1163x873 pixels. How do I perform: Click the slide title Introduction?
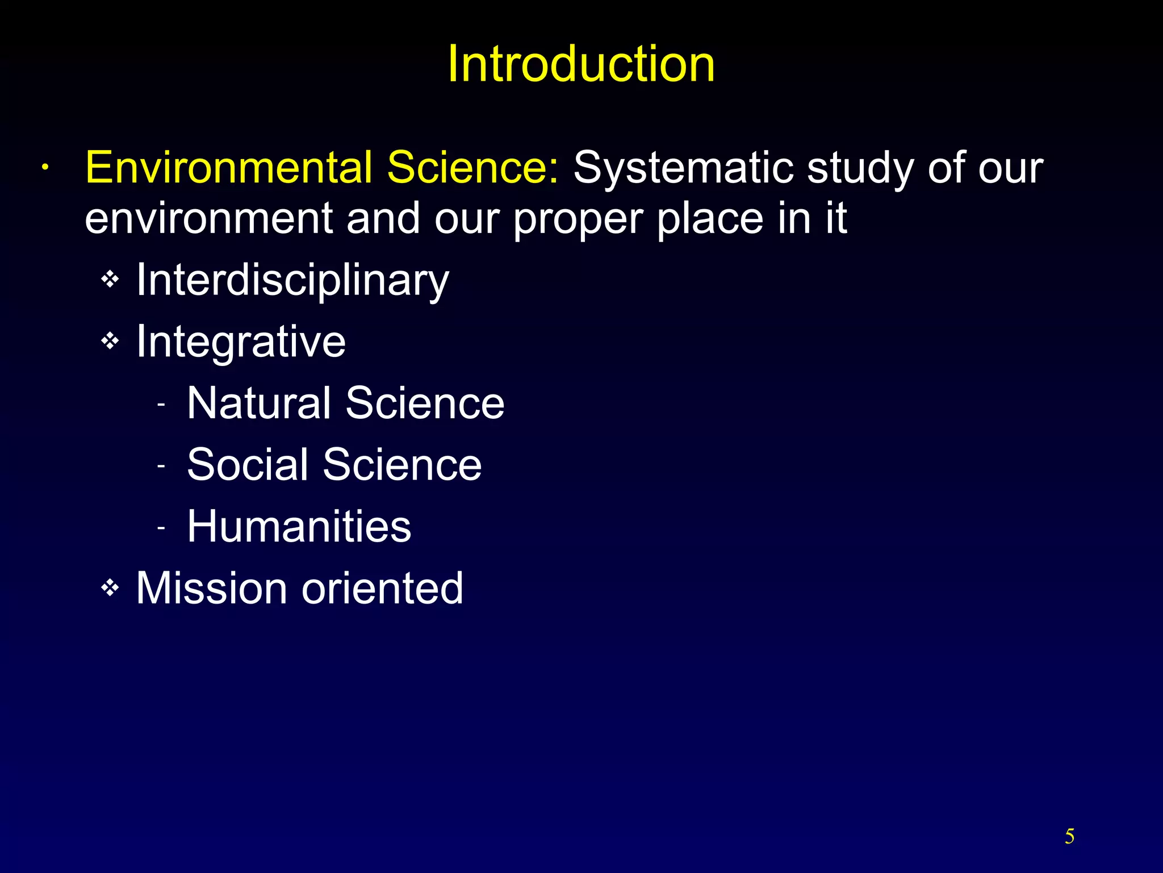(x=581, y=64)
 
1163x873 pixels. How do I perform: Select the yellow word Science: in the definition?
(x=472, y=168)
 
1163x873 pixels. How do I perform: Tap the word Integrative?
(x=241, y=342)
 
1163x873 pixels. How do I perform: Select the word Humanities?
(x=299, y=526)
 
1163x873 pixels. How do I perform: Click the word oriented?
(x=382, y=588)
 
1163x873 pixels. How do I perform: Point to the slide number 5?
(x=1069, y=837)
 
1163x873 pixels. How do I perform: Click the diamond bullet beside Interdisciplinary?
(x=110, y=279)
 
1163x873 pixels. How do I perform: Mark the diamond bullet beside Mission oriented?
(x=110, y=588)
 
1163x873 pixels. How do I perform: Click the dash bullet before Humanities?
(x=161, y=528)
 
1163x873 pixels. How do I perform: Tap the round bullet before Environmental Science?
(x=44, y=168)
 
